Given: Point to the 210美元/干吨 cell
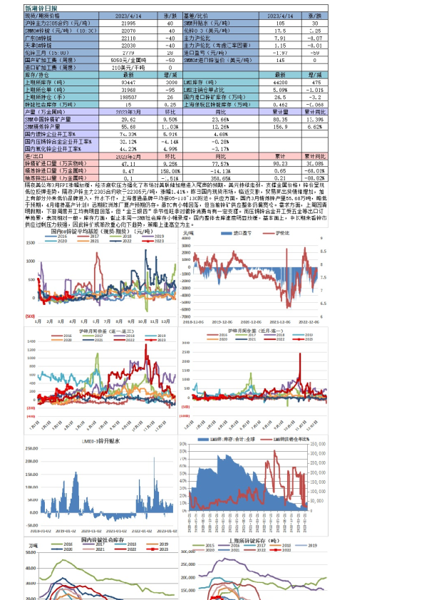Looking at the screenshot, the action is [124, 68].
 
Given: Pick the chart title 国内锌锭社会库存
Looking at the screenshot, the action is [107, 541].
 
